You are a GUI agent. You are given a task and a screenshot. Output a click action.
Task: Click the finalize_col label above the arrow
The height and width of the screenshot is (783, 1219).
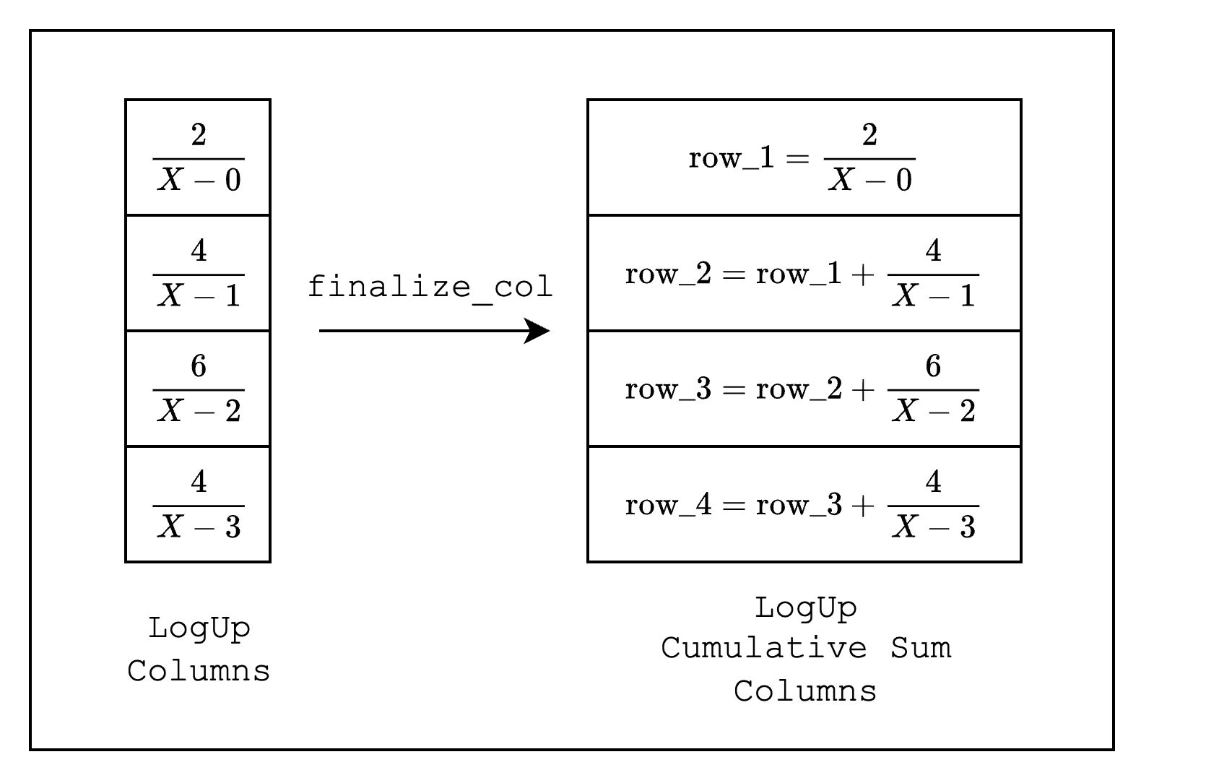(430, 287)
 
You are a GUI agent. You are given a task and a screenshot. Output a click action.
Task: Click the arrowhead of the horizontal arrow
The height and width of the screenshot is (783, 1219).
(537, 331)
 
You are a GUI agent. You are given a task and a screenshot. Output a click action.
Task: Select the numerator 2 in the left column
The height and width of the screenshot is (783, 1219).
(199, 134)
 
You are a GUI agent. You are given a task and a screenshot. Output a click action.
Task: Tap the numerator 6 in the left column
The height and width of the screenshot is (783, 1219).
(199, 365)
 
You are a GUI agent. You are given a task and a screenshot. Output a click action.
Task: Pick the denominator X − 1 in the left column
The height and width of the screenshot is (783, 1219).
(199, 295)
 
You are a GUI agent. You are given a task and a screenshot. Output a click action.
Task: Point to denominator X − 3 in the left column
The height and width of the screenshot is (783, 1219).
(199, 527)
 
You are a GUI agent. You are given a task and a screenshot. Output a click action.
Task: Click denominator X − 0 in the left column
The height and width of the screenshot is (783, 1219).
(199, 180)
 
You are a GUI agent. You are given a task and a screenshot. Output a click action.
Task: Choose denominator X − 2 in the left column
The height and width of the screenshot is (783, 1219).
(199, 411)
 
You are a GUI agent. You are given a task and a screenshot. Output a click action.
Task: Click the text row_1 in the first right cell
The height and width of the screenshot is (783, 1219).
(732, 158)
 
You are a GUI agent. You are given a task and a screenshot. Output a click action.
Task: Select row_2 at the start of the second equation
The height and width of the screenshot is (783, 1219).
(668, 274)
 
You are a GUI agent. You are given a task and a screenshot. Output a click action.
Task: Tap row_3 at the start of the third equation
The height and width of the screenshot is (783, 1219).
(668, 389)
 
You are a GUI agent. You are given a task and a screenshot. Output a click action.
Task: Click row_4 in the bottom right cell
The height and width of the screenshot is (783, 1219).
(668, 506)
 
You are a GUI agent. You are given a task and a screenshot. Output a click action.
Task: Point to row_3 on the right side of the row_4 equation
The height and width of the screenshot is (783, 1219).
(799, 506)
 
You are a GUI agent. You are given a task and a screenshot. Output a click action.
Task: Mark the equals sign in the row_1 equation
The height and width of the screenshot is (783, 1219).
(798, 159)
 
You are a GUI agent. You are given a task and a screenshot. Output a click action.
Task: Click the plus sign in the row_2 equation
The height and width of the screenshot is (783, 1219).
(863, 274)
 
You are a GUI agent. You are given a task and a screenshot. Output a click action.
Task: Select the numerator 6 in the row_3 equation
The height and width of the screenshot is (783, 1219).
(933, 365)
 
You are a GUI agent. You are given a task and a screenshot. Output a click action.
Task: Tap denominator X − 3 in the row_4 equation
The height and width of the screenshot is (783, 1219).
(934, 527)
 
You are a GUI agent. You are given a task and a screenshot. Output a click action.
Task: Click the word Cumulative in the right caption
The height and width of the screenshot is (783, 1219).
(764, 649)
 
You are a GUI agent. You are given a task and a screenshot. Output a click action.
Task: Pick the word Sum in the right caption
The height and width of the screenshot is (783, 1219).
(921, 649)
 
